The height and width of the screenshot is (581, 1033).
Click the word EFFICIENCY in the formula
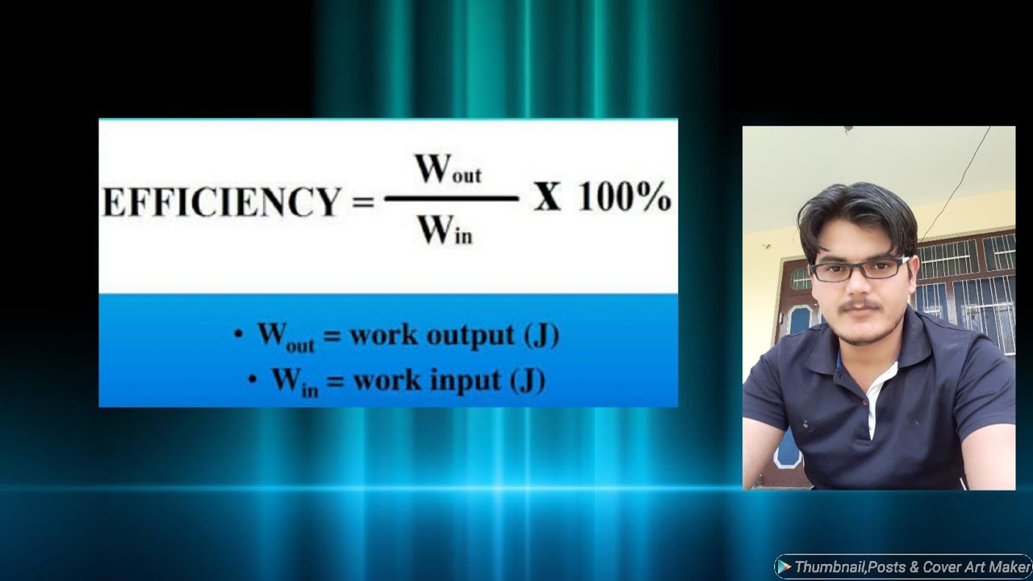tap(220, 202)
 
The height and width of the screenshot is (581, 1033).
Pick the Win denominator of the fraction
tap(444, 232)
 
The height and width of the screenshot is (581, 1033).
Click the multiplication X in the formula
tap(547, 198)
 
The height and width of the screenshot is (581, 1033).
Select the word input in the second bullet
tap(457, 380)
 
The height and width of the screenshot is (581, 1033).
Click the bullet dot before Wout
tap(238, 333)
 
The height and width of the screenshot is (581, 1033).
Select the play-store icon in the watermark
tap(783, 566)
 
